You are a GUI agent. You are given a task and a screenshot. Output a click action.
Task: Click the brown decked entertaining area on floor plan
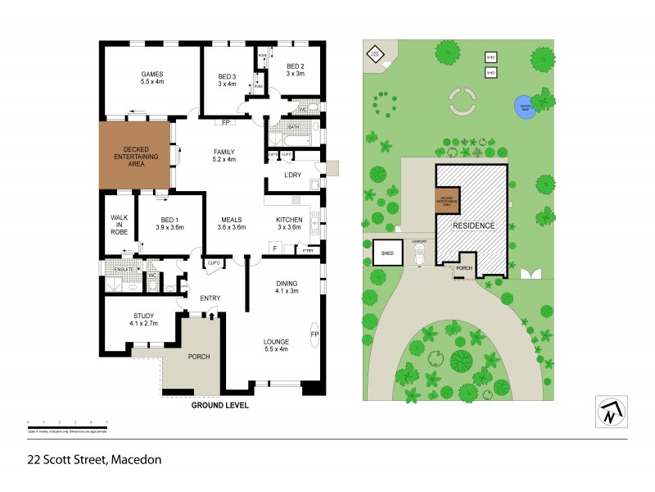[x=135, y=157]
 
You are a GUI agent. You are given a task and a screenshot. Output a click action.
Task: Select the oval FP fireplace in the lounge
[x=314, y=335]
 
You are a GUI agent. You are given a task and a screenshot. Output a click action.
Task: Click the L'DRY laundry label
[x=293, y=176]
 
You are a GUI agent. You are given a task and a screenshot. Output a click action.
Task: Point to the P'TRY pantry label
[x=309, y=250]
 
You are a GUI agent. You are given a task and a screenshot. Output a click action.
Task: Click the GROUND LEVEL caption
[x=219, y=405]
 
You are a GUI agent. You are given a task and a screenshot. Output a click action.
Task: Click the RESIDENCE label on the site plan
[x=473, y=225]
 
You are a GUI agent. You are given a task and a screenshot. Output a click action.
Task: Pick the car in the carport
[x=419, y=256]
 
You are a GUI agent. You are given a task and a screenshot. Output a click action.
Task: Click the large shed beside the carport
[x=387, y=253]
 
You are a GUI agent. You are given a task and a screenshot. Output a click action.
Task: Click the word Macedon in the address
[x=136, y=459]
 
